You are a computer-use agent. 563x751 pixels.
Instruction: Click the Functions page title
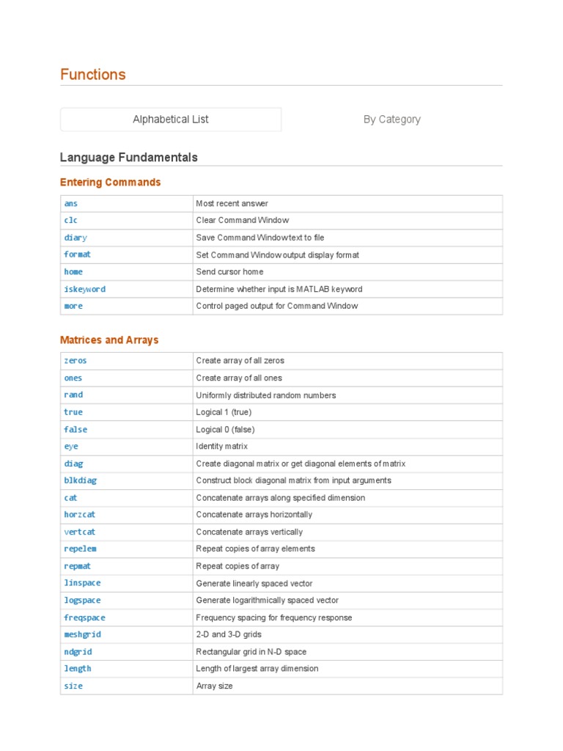(93, 74)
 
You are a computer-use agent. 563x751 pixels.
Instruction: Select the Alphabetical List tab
(171, 119)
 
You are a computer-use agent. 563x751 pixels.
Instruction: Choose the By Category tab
(392, 119)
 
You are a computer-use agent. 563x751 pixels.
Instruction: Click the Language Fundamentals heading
(128, 158)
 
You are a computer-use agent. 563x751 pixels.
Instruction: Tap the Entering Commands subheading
(110, 182)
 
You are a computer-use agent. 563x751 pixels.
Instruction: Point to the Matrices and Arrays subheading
(109, 340)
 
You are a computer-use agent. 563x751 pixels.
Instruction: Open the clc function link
(71, 220)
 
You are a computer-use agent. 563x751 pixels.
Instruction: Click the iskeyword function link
(84, 289)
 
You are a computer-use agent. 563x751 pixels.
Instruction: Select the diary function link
(76, 238)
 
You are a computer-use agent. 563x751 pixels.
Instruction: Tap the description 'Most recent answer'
(232, 203)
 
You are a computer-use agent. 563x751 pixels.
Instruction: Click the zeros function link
(76, 361)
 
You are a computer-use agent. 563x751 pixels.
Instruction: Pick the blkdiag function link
(80, 480)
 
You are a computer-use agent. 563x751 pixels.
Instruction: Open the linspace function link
(82, 583)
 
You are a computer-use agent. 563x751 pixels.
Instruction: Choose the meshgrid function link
(82, 634)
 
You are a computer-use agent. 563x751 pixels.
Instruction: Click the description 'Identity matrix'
(222, 446)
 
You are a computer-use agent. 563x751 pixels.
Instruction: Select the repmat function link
(78, 566)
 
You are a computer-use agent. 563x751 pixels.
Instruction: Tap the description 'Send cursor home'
(230, 271)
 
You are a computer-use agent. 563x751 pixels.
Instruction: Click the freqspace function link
(84, 618)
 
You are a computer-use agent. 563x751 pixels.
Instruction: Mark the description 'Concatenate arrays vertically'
(249, 532)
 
